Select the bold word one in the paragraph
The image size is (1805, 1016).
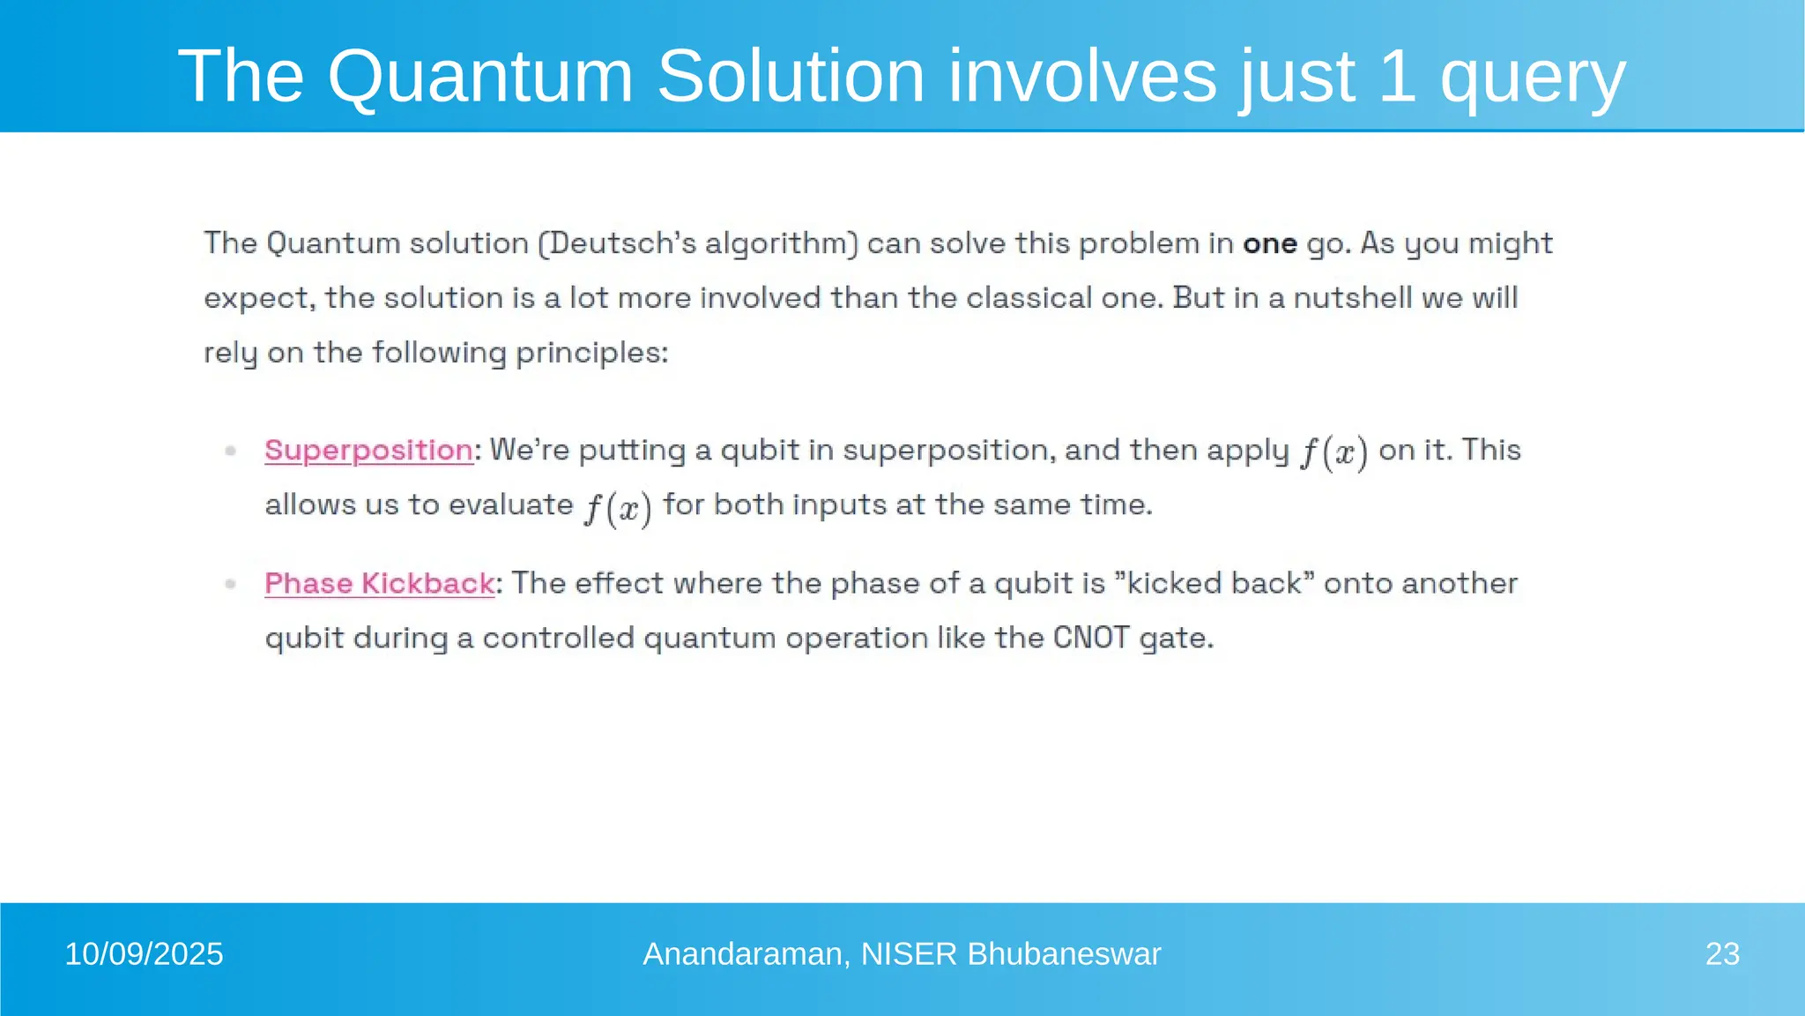[1269, 243]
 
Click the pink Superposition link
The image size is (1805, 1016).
[368, 450]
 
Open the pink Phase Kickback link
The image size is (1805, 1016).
[379, 583]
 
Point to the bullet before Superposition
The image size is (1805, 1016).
[231, 451]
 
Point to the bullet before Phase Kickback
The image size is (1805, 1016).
[231, 584]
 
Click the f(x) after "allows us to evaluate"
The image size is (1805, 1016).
[618, 507]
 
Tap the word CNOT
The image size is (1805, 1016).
[1091, 638]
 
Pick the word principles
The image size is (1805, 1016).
[591, 354]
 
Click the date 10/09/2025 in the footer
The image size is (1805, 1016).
[144, 954]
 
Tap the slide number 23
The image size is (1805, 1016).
[1722, 954]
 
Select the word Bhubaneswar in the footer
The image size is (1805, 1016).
[1064, 954]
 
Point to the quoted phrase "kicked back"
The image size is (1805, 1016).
[1214, 583]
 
